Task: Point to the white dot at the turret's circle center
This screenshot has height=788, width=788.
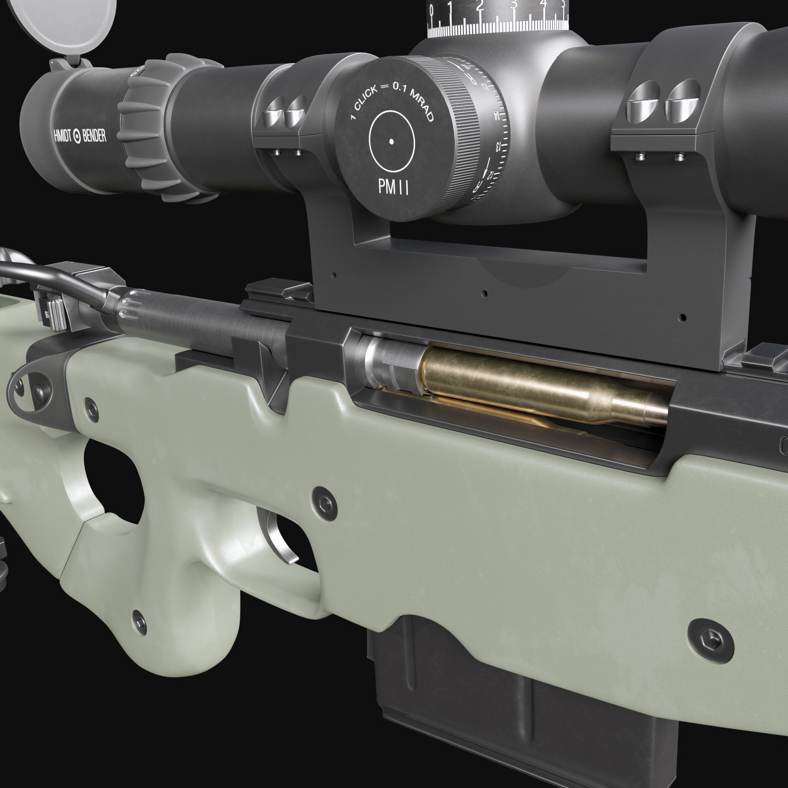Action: click(391, 142)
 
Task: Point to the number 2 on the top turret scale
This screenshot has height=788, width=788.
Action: click(480, 6)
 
